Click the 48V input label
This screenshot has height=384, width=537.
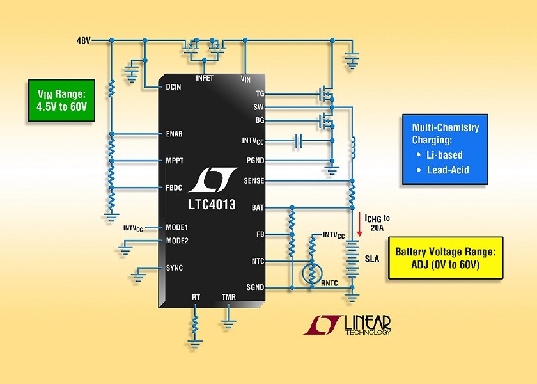point(84,41)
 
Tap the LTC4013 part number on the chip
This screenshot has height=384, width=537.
point(212,205)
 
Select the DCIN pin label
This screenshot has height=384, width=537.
point(173,87)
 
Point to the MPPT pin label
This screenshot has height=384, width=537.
point(175,161)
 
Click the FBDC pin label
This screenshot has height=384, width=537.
point(174,188)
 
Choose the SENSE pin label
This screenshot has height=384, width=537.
point(254,180)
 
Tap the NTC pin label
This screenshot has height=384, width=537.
point(258,261)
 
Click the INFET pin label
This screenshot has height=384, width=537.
point(205,78)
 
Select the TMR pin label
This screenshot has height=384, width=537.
point(228,297)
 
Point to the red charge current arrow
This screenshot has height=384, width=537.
point(359,225)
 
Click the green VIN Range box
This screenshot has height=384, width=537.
point(61,100)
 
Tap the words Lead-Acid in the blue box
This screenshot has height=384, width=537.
point(448,170)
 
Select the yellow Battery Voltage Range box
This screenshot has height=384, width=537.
point(446,258)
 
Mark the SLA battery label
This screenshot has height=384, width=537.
point(372,259)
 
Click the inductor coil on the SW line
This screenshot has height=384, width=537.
point(353,147)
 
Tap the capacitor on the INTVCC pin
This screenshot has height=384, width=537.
point(299,141)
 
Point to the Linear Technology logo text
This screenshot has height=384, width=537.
point(368,324)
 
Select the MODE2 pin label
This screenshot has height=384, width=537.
point(177,241)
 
